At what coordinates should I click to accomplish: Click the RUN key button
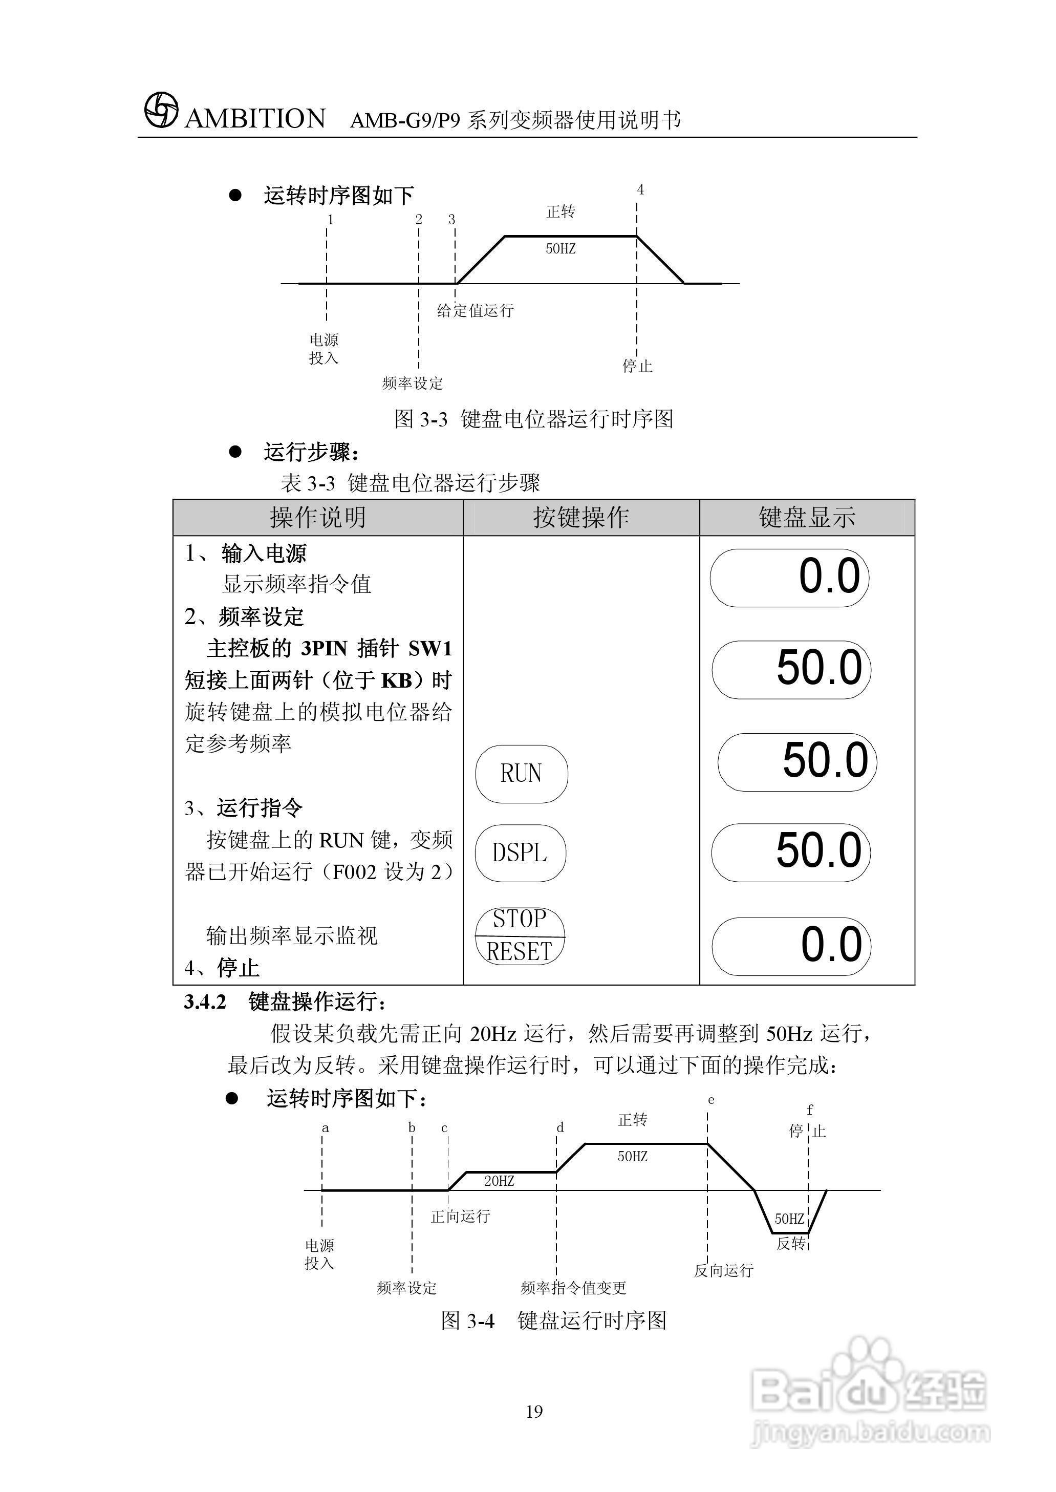point(522,773)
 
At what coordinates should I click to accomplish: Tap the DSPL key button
point(520,852)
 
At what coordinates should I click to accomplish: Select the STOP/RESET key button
point(520,935)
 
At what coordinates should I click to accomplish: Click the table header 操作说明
point(318,518)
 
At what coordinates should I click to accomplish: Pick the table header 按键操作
point(580,518)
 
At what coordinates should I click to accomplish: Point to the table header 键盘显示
point(806,518)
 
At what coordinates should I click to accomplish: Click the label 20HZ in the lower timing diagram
point(499,1181)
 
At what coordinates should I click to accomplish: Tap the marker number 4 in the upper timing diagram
point(640,190)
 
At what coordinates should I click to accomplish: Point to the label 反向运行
point(723,1270)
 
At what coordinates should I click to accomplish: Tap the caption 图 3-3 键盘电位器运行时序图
point(533,419)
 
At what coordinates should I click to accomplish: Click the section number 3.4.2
point(205,1002)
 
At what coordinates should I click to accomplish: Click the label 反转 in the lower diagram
point(791,1244)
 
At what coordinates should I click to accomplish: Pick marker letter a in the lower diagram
point(325,1128)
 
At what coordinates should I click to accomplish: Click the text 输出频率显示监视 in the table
point(292,936)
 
